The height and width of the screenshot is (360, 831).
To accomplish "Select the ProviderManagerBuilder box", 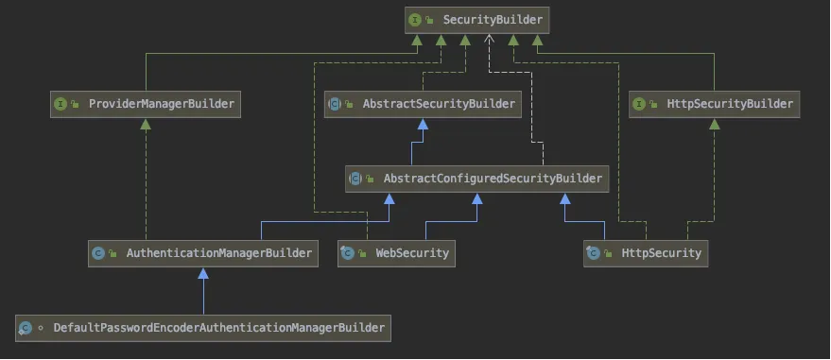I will pyautogui.click(x=146, y=104).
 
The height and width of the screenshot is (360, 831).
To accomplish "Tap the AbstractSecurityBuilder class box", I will pyautogui.click(x=424, y=104).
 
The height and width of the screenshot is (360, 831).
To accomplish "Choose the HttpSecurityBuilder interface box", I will pyautogui.click(x=715, y=104).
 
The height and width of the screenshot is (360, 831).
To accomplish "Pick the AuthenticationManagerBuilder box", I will pyautogui.click(x=203, y=252).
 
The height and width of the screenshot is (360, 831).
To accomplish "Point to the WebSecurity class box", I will pyautogui.click(x=396, y=252).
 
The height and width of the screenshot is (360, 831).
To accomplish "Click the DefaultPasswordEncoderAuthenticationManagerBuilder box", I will pyautogui.click(x=203, y=328).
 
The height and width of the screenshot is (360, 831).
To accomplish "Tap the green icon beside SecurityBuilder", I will pyautogui.click(x=414, y=19).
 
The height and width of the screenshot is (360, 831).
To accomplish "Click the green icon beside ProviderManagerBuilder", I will pyautogui.click(x=61, y=104).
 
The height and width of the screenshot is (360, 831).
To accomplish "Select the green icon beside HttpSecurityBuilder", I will pyautogui.click(x=640, y=104).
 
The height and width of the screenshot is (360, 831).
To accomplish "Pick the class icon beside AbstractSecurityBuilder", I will pyautogui.click(x=335, y=104).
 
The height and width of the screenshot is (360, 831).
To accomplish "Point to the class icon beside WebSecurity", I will pyautogui.click(x=348, y=252).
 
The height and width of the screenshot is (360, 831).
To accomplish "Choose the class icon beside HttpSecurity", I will pyautogui.click(x=594, y=252).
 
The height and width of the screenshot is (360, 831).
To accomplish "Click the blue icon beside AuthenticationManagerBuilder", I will pyautogui.click(x=98, y=252).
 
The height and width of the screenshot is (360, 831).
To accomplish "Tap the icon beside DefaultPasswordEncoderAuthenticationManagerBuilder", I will pyautogui.click(x=26, y=328).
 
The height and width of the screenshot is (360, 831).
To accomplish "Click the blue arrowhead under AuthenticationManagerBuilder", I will pyautogui.click(x=203, y=273).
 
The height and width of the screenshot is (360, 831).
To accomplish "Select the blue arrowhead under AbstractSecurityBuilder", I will pyautogui.click(x=412, y=124).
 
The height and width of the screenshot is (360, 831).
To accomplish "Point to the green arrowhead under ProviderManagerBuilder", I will pyautogui.click(x=146, y=125).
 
